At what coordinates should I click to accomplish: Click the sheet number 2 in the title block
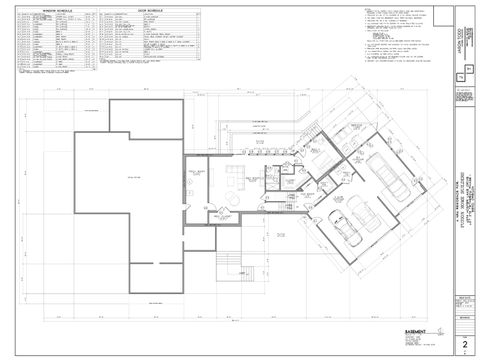(x=464, y=344)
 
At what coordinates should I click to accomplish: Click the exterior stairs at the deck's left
(x=231, y=265)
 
